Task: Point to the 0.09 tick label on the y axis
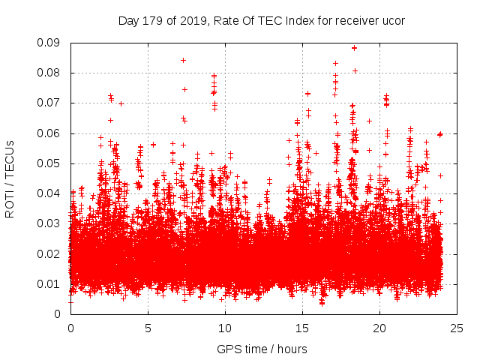(51, 43)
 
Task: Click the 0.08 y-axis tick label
(51, 73)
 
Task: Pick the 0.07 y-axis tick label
(51, 103)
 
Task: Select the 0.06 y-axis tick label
(51, 133)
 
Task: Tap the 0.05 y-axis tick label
(51, 163)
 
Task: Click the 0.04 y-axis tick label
(51, 193)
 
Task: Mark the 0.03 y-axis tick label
(51, 223)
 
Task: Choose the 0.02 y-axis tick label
(51, 253)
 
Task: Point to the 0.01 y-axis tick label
(51, 283)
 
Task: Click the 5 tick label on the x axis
(148, 328)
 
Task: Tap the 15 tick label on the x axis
(302, 328)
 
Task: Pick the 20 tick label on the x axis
(379, 328)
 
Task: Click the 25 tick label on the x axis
(457, 328)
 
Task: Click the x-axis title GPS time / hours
(262, 349)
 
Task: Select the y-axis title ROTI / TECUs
(10, 178)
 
